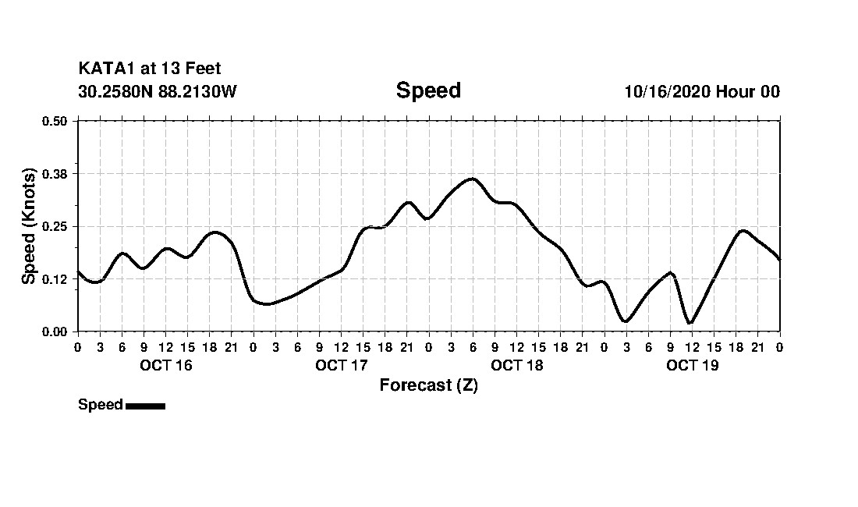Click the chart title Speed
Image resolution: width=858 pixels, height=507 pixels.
pos(428,90)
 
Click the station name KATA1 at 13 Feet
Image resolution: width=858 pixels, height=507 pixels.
pos(150,69)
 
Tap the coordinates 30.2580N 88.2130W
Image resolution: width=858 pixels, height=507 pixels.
pos(157,92)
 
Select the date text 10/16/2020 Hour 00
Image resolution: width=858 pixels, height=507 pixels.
pos(702,92)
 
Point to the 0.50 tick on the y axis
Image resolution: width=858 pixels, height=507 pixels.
pos(54,121)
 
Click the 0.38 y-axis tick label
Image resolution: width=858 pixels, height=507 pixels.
pos(54,173)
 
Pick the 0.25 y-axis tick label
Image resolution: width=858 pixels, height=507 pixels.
pos(54,226)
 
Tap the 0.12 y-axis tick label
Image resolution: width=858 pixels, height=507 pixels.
pos(54,279)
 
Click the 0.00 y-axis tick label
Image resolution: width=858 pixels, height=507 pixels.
pos(54,331)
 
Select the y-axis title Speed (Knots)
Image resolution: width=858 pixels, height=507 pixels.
pos(29,226)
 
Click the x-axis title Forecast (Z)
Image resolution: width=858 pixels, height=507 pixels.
pos(428,385)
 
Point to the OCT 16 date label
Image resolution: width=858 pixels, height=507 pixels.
pos(165,365)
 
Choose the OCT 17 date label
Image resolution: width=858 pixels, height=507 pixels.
pos(341,365)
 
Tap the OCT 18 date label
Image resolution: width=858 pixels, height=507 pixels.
pos(516,365)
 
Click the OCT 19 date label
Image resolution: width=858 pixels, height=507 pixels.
pos(692,365)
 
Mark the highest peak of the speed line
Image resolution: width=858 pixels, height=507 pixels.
pos(472,179)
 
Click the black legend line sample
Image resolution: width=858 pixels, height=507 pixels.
pos(145,406)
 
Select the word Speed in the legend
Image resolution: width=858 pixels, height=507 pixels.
pos(100,405)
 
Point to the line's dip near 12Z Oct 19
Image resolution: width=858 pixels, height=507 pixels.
pos(690,323)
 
